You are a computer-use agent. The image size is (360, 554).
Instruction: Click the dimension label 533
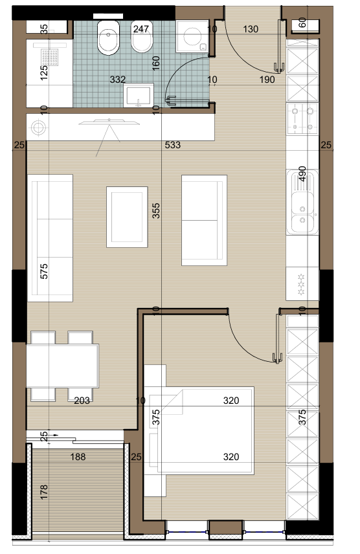pos(173,145)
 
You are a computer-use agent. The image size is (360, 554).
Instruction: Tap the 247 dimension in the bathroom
pos(141,29)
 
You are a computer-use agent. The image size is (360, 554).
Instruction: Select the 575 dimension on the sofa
pos(44,271)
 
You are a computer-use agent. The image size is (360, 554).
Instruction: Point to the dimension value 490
pos(302,174)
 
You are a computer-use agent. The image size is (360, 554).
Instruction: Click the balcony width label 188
pos(78,457)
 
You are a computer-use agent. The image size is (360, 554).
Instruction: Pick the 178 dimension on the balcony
pos(44,492)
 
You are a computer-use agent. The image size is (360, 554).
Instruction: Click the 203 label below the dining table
pos(82,401)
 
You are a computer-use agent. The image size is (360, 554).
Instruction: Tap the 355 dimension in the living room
pos(156,210)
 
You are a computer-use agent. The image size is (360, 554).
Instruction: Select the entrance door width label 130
pos(251,29)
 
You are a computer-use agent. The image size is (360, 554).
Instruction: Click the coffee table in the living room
pos(127,217)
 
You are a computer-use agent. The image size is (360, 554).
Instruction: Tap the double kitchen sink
pos(302,202)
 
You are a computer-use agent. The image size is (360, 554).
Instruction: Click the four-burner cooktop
pos(302,118)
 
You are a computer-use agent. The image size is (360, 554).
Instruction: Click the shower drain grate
pos(49,58)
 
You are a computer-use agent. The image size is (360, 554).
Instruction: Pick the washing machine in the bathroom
pos(192,36)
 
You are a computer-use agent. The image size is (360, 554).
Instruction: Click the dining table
pos(63,366)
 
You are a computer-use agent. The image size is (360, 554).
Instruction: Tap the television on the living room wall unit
pos(109,122)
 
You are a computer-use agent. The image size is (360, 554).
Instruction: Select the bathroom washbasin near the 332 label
pos(139,95)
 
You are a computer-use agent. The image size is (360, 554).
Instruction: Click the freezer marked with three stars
pos(302,283)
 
